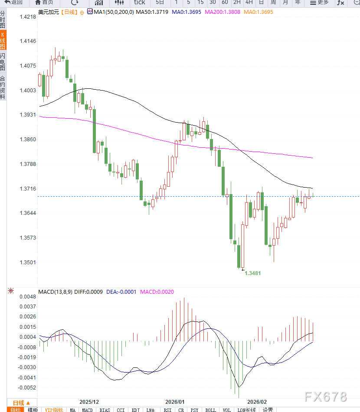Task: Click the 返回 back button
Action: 13,2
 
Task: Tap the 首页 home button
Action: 44,2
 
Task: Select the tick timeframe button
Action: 139,2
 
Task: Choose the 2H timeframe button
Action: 237,2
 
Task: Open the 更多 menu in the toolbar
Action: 319,2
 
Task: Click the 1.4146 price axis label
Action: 28,41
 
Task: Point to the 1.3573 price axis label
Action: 28,238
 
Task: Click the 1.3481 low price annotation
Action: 253,273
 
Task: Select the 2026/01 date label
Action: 175,402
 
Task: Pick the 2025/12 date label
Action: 89,402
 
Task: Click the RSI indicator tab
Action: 167,409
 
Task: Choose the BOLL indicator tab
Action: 210,409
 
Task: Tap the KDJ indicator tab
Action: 136,409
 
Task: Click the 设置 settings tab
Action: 268,409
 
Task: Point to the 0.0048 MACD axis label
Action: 28,297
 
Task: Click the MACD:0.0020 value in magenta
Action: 157,292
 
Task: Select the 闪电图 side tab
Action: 3,62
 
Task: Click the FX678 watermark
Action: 325,396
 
